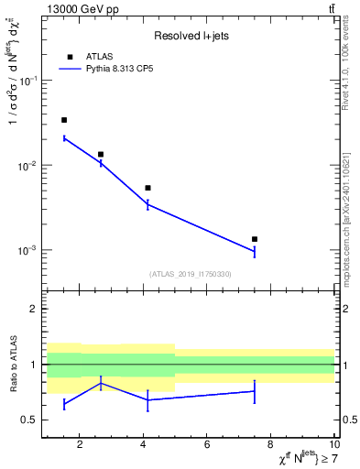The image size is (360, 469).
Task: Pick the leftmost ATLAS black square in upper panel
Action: click(64, 120)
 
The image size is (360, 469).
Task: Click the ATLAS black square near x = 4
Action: click(147, 188)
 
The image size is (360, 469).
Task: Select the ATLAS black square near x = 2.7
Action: click(101, 154)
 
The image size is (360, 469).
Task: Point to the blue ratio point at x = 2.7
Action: click(101, 383)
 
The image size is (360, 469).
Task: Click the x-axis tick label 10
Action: click(334, 444)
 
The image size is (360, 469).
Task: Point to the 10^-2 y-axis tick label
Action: click(27, 166)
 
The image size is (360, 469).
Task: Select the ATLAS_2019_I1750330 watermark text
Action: click(191, 274)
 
